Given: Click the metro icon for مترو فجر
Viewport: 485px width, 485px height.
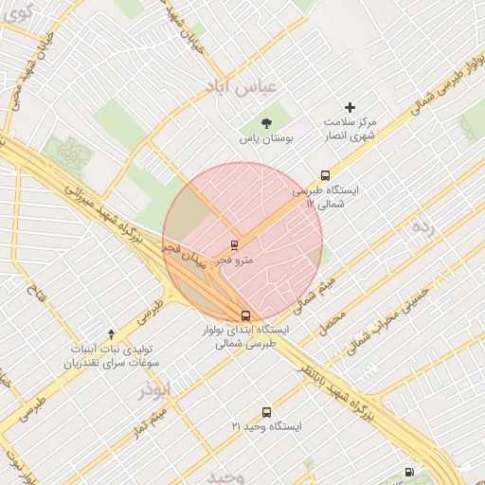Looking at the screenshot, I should coord(235,245).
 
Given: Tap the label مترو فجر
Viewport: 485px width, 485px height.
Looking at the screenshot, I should coord(235,260).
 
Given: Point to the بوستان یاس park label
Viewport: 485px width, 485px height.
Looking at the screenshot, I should coord(266,138).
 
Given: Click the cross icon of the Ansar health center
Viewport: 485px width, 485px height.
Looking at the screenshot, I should coord(350,107).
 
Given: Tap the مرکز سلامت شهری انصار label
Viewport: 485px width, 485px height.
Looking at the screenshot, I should coord(350,130).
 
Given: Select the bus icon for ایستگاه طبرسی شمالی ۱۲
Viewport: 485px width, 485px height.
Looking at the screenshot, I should coord(325,175).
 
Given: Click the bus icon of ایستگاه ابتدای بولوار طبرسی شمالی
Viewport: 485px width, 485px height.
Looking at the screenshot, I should coord(245,315).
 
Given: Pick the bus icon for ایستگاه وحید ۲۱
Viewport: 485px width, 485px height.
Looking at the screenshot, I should coord(266,412).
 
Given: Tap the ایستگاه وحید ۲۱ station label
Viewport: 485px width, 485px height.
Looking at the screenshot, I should coord(266,427).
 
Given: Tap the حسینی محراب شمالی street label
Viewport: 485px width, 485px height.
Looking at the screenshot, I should coord(390,321).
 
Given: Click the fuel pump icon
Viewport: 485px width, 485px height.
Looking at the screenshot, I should coord(408,471).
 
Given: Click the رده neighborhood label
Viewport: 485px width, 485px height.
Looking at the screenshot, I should coord(422,226).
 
